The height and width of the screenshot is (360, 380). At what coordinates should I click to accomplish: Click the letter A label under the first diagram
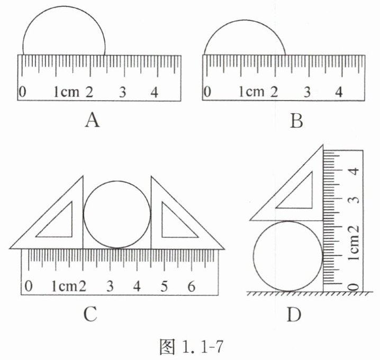tap(92, 121)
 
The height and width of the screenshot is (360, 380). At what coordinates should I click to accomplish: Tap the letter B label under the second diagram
tap(296, 121)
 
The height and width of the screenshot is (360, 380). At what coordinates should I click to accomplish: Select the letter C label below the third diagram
tap(90, 314)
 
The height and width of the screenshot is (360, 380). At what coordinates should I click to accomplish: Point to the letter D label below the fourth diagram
tap(294, 314)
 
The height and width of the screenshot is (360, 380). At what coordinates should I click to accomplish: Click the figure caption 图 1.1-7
tap(191, 346)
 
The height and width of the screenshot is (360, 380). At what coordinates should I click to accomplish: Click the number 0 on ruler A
tap(22, 92)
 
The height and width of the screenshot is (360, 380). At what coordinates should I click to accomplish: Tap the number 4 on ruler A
tap(155, 92)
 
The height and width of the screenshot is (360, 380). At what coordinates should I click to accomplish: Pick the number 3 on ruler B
tap(307, 92)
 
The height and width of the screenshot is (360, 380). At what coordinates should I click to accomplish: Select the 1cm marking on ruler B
tap(251, 92)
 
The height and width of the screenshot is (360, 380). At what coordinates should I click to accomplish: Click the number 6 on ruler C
tap(192, 286)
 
